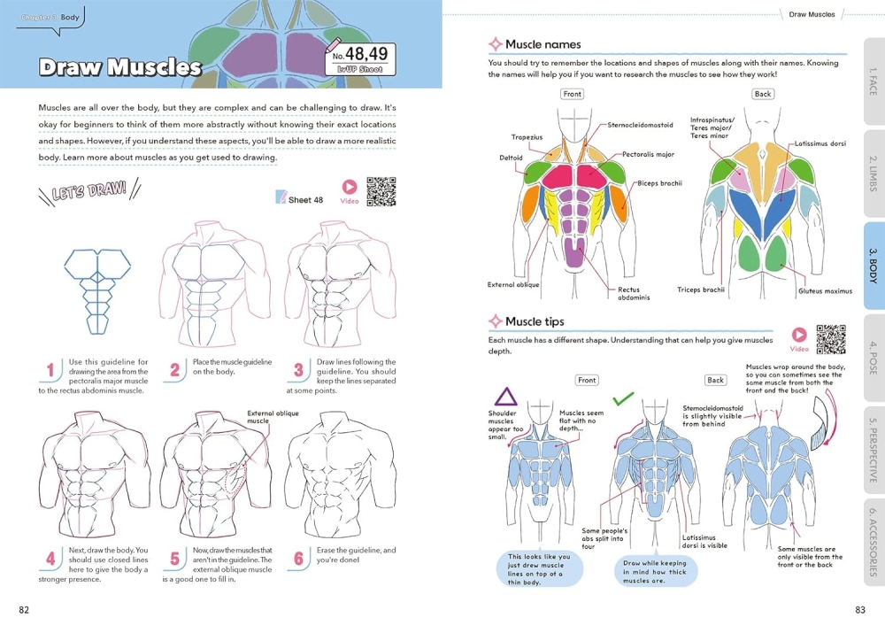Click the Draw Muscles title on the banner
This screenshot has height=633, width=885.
120,67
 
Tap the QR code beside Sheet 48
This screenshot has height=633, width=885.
381,192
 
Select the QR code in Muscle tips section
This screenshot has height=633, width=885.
830,340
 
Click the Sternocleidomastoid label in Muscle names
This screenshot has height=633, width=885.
640,126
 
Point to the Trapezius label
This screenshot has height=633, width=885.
527,137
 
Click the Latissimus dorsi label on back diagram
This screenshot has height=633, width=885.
820,143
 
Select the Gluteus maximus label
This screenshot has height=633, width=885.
825,291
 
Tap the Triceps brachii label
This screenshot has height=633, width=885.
701,289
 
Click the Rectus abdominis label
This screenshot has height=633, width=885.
634,294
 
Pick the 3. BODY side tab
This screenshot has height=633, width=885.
873,266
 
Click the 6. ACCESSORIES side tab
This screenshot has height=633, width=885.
873,542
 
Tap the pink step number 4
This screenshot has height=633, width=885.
50,559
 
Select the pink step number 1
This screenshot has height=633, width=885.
50,369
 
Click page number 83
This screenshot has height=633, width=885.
859,609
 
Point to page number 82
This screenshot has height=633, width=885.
25,609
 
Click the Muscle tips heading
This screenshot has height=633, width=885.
534,322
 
